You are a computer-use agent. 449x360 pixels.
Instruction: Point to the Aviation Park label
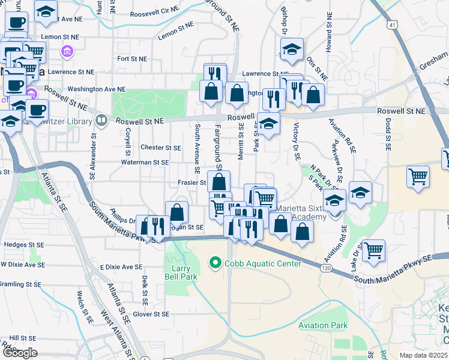(x=323, y=326)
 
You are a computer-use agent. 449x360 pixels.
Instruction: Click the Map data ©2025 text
(x=424, y=355)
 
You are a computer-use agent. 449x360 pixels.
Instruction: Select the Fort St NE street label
(x=132, y=59)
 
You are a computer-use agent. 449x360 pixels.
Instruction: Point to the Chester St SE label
(x=160, y=148)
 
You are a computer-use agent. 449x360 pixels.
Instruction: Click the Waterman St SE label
(x=145, y=163)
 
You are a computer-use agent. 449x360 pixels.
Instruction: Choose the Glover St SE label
(x=151, y=314)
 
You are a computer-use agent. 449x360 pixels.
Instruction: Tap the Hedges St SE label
(x=24, y=245)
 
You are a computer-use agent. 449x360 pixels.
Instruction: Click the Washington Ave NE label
(x=92, y=89)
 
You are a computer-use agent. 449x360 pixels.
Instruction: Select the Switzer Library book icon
(x=101, y=120)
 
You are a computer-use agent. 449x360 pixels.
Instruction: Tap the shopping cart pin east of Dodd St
(x=418, y=176)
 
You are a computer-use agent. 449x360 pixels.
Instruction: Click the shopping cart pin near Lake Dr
(x=373, y=250)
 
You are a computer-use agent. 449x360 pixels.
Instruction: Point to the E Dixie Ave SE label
(x=121, y=267)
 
